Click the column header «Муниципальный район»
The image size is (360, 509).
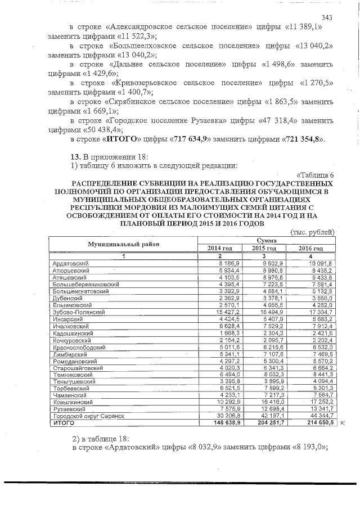point(123,244)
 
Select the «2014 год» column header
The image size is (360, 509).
point(220,248)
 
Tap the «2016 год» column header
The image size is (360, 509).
point(310,248)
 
